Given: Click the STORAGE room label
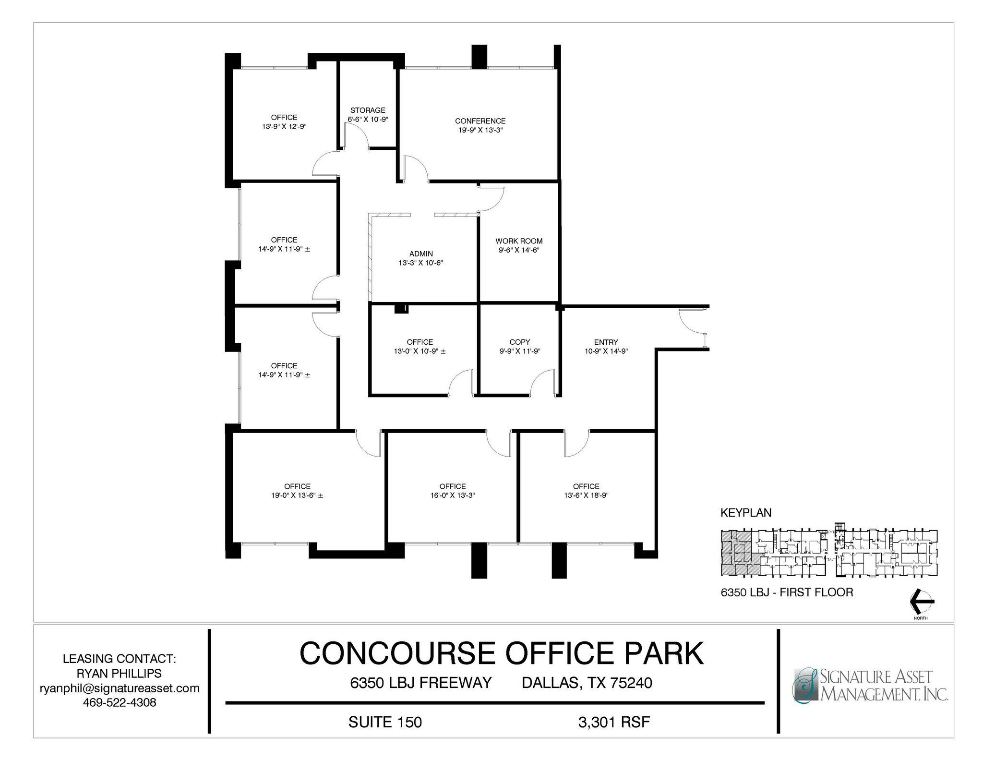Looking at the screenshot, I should pos(367,110).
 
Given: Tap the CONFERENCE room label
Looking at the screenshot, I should pos(480,121).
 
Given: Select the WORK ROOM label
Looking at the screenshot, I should pos(519,241).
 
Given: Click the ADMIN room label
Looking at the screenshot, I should pos(421,253).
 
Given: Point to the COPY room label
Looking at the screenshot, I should pos(519,342).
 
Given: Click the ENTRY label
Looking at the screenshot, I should pos(606,342).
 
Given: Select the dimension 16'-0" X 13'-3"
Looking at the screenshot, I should pos(452,495).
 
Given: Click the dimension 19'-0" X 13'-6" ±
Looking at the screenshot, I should pos(297,495).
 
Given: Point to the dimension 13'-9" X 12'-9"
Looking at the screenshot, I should pos(284,127).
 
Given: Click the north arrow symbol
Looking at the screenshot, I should pos(921,601).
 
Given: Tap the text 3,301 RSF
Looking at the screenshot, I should pos(614,722).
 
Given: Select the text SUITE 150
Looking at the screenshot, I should pos(385,722).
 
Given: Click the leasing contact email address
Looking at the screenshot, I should pos(119,688).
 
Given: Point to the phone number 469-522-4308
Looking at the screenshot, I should pos(119,702).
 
